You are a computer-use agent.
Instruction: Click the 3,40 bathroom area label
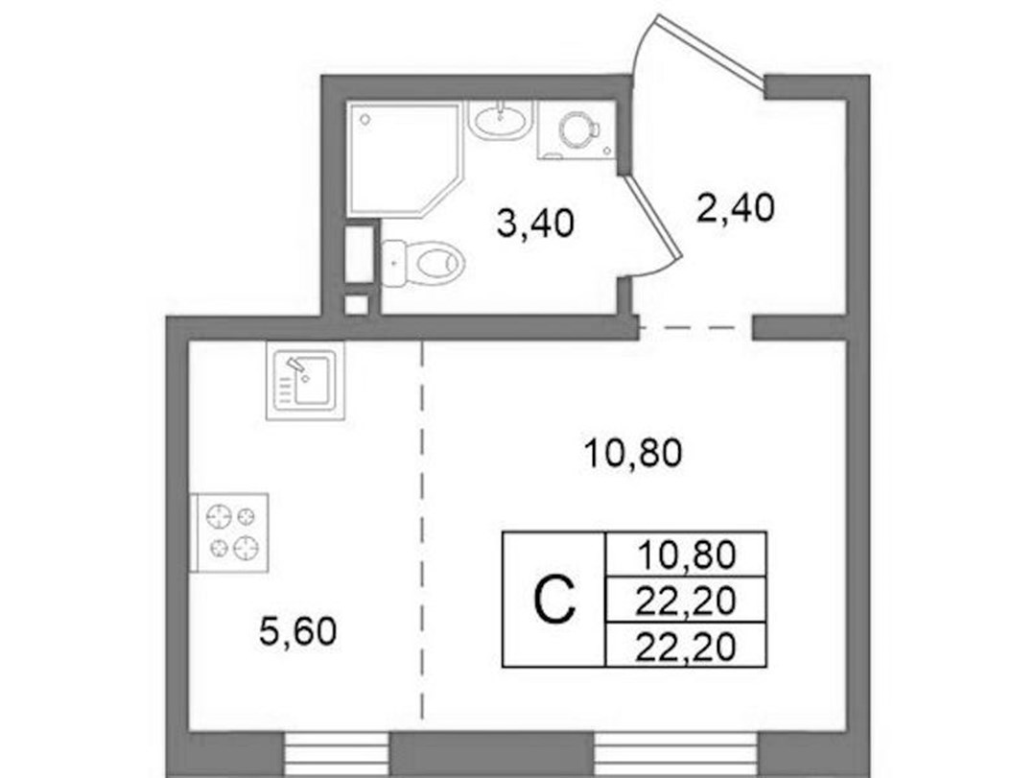coord(535,224)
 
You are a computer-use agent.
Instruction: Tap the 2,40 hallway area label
coord(735,208)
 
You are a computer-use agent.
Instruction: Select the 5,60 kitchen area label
coord(298,631)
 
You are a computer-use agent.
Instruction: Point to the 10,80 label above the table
coord(633,454)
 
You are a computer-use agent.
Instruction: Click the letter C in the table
coord(554,600)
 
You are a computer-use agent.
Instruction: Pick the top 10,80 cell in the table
coord(687,554)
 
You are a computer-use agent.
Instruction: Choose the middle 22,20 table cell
coord(687,600)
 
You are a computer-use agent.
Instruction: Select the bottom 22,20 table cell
coord(687,646)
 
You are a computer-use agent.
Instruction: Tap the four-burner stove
coord(230,532)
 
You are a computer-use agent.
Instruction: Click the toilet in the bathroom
coord(424,263)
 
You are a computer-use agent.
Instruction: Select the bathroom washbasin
coord(500,120)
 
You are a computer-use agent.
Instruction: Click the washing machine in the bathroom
coord(577,130)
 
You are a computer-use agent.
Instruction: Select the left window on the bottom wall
coord(337,755)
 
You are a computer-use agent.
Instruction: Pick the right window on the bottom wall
coord(676,755)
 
